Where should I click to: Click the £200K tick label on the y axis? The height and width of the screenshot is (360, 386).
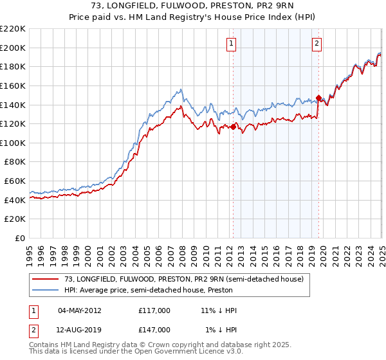[x=13, y=48]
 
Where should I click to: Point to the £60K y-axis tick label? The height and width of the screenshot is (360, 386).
[x=15, y=181]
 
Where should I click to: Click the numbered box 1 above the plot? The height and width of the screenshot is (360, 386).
[x=231, y=44]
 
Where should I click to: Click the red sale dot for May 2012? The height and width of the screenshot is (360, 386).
[x=233, y=127]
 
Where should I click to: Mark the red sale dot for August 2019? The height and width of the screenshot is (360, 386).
[x=318, y=98]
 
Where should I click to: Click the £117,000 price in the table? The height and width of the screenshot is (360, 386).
[x=154, y=310]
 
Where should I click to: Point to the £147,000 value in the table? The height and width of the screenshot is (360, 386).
[x=154, y=329]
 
